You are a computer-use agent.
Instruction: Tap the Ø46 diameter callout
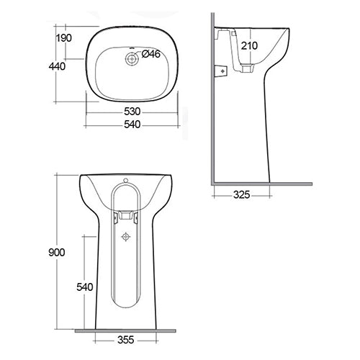point(150,54)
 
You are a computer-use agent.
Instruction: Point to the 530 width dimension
point(131,112)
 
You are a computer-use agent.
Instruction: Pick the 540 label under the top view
point(131,124)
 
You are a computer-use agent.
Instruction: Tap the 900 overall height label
point(58,252)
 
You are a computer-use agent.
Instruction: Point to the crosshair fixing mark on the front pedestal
point(127,235)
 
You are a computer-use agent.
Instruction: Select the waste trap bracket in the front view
point(127,215)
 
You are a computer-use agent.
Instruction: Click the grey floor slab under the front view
point(127,330)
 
